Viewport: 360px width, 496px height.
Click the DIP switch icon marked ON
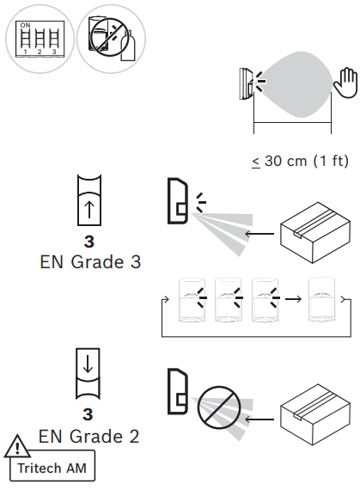coord(38,39)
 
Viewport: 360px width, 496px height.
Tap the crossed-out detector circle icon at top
coord(109,39)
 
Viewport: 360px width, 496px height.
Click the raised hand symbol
coord(344,89)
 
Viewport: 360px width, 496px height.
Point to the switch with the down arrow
coord(90,372)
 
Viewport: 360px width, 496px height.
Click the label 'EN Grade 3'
coord(89,262)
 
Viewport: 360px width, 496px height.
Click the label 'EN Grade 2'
coord(89,437)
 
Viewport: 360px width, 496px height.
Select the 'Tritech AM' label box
coord(54,469)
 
